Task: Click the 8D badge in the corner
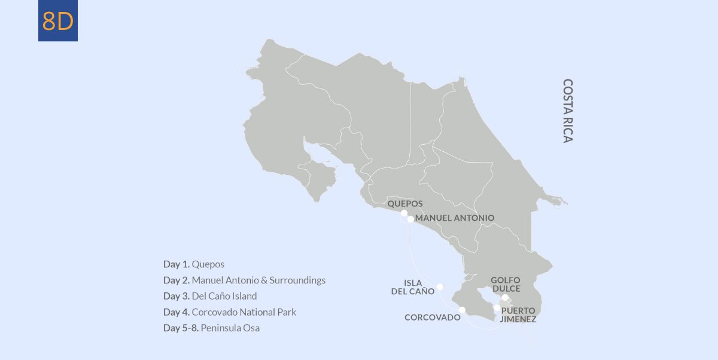(58, 21)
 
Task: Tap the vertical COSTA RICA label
(568, 111)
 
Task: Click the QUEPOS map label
(405, 203)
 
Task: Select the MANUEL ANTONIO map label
(455, 218)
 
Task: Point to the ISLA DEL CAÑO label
(413, 287)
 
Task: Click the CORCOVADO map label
(433, 318)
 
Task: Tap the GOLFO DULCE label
(506, 284)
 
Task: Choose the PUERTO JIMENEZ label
(518, 315)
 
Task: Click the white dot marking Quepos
(404, 213)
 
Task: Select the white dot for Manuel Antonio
(410, 219)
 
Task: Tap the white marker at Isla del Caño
(440, 286)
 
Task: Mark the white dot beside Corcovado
(463, 310)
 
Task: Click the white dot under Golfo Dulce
(505, 297)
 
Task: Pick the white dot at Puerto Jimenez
(497, 308)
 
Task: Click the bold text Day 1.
(177, 264)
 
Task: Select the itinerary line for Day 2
(244, 280)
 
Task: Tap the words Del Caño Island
(224, 296)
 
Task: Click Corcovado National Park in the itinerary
(244, 312)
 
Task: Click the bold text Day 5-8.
(181, 328)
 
